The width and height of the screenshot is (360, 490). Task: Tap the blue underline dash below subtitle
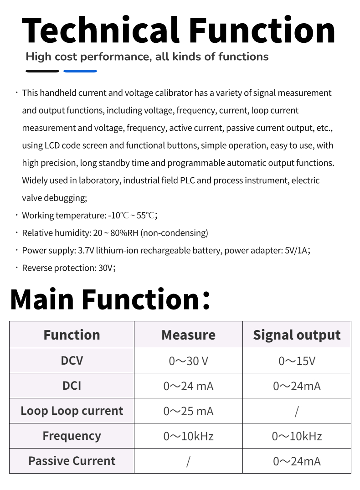80,71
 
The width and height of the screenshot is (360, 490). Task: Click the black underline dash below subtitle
42,71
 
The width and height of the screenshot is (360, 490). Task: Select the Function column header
72,335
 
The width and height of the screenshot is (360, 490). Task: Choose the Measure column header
188,335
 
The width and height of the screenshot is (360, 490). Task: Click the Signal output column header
297,335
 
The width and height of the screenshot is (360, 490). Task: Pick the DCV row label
72,361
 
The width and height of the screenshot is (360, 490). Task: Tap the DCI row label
72,386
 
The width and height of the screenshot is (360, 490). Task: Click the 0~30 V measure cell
188,361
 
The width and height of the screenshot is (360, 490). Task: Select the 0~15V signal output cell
297,361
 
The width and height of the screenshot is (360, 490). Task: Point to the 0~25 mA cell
188,411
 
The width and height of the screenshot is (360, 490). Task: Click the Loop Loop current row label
72,411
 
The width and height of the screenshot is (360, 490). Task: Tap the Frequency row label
72,436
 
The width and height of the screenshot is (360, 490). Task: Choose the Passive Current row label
72,461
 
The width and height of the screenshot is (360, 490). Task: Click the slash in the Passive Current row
188,461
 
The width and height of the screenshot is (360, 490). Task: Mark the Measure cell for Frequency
188,436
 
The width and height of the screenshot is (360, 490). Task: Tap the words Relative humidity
56,233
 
